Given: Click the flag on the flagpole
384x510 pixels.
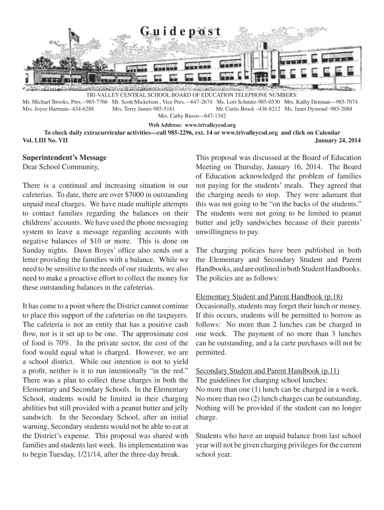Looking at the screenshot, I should pyautogui.click(x=75, y=36).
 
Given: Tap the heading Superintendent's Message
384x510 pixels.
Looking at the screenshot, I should pyautogui.click(x=64, y=157).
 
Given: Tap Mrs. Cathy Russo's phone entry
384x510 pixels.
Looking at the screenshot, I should pyautogui.click(x=192, y=116).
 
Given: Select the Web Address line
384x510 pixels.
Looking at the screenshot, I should pyautogui.click(x=192, y=125).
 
